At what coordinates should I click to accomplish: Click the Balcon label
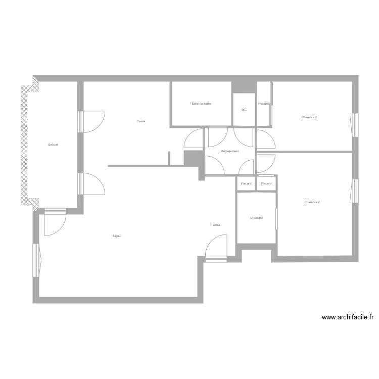pyautogui.click(x=53, y=145)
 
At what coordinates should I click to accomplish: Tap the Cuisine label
pyautogui.click(x=141, y=121)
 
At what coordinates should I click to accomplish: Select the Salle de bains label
pyautogui.click(x=201, y=104)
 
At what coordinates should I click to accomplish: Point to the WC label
pyautogui.click(x=244, y=110)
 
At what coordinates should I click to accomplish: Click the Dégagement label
pyautogui.click(x=230, y=151)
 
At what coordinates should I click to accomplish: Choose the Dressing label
pyautogui.click(x=256, y=218)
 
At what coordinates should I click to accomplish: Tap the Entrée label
pyautogui.click(x=216, y=225)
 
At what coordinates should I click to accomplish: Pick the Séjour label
pyautogui.click(x=117, y=236)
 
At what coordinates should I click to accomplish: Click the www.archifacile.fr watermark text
pyautogui.click(x=348, y=317)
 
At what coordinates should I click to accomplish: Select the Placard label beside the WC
pyautogui.click(x=263, y=104)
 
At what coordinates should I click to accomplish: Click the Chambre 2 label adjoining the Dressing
pyautogui.click(x=312, y=202)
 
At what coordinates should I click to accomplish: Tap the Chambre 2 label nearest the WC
pyautogui.click(x=309, y=117)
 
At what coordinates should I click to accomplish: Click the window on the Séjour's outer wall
pyautogui.click(x=36, y=260)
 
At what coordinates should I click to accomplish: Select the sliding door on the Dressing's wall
pyautogui.click(x=276, y=218)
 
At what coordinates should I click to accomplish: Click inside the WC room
pyautogui.click(x=244, y=117)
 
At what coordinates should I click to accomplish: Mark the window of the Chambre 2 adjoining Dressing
pyautogui.click(x=354, y=191)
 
